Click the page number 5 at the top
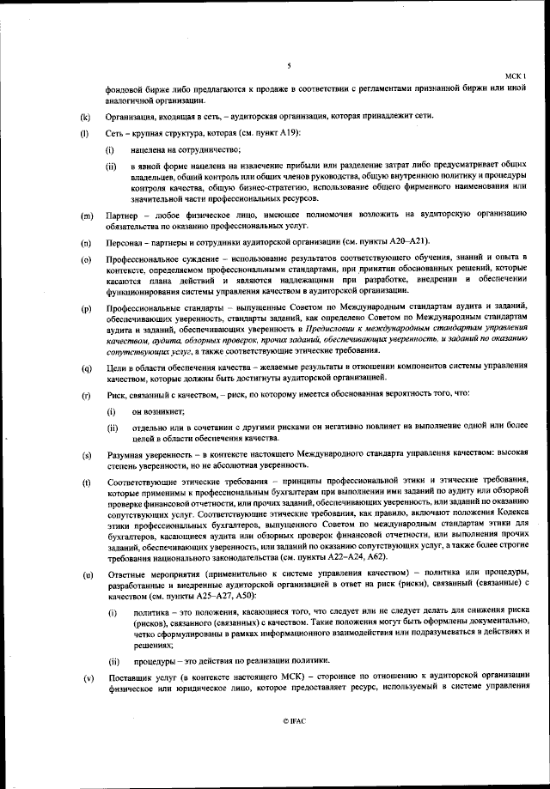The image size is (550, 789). click(x=289, y=65)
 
